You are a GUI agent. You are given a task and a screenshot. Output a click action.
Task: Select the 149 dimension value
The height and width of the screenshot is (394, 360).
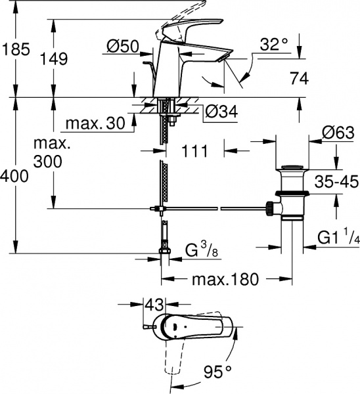pos(53,58)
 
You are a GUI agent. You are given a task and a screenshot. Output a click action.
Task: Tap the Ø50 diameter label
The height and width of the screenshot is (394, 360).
pos(123,47)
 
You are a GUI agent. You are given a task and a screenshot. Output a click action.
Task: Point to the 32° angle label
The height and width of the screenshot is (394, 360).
pos(273,44)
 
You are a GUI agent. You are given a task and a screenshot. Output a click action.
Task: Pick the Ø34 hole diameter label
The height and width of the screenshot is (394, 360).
pos(219,112)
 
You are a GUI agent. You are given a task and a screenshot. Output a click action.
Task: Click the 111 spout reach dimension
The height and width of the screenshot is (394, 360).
pos(194,151)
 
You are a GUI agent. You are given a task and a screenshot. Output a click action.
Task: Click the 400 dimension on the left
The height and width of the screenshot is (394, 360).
pos(14,177)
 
